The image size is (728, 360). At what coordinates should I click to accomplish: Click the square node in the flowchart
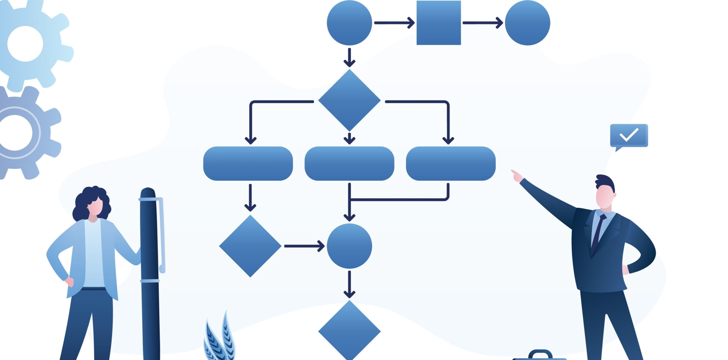439,23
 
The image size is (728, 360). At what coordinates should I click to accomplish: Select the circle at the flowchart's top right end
527,23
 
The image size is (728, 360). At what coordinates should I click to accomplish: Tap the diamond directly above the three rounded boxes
349,100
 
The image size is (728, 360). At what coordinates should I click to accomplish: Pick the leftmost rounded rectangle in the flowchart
248,163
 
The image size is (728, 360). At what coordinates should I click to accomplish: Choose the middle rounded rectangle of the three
349,163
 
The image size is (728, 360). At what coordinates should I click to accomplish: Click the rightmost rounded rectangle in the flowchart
450,163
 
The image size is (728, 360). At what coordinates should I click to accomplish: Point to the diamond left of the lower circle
250,246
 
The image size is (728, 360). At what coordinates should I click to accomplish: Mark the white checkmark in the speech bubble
629,135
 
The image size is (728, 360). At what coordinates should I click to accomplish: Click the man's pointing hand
516,176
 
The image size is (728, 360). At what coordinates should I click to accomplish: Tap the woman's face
95,207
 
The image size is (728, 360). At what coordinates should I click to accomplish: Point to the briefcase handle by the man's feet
540,354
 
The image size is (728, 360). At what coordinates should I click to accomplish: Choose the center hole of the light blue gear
25,44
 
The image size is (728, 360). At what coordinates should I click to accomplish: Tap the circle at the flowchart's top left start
349,23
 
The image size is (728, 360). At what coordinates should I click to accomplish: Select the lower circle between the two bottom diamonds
349,246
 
